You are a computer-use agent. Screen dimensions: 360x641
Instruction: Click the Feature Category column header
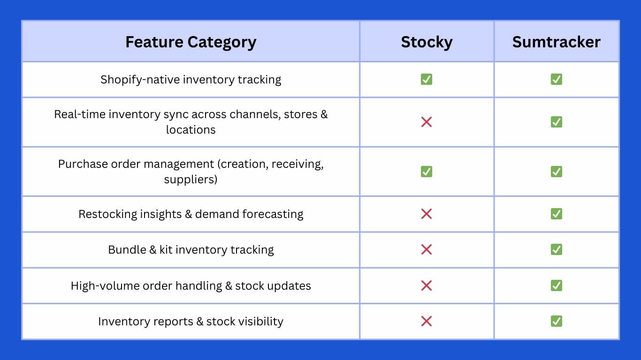pos(191,42)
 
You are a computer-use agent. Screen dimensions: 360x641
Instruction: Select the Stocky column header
pos(427,42)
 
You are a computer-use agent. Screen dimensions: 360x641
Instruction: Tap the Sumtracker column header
pos(556,42)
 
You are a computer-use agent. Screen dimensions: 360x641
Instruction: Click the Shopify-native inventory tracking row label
pos(191,80)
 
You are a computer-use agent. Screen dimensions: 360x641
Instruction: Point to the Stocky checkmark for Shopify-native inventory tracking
pos(427,80)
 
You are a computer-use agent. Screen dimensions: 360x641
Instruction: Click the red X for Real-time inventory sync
pos(427,122)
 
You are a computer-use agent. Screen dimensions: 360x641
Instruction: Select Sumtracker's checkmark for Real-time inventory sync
pos(556,122)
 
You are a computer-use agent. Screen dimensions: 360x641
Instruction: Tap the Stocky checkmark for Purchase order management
pos(427,172)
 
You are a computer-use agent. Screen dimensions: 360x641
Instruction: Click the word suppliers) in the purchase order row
pos(191,179)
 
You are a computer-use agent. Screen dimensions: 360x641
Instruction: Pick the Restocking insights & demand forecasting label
pos(191,214)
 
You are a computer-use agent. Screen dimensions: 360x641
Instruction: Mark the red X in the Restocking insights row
pos(427,214)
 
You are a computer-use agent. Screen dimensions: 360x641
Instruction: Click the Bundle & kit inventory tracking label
pos(191,250)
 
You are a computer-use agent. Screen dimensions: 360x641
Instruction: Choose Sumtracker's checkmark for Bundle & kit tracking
pos(556,250)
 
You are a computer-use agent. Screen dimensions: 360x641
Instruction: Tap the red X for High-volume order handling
pos(427,285)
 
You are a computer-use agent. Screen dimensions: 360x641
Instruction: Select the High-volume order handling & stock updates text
pos(191,285)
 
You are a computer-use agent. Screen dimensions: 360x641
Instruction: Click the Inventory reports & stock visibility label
pos(191,322)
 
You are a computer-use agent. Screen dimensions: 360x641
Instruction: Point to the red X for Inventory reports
pos(427,322)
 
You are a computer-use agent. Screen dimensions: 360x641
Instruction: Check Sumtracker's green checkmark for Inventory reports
pos(556,322)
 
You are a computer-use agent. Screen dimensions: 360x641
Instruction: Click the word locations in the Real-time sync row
pos(191,130)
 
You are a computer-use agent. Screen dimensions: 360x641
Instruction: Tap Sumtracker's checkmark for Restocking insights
pos(556,214)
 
